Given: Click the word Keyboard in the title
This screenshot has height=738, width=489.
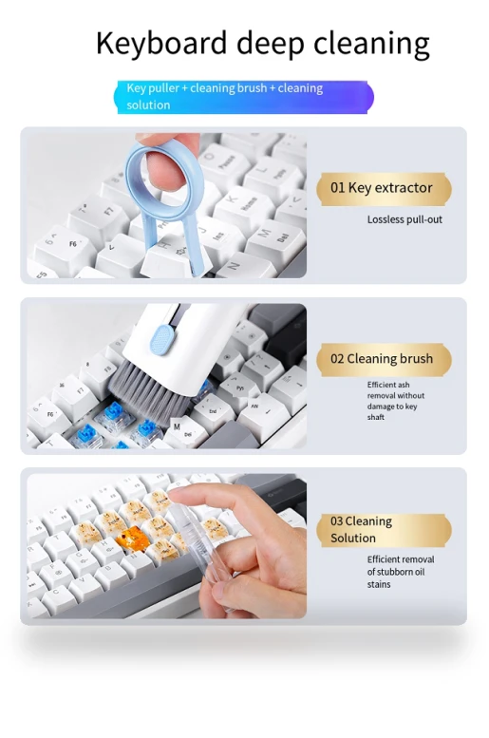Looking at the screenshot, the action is point(161,44).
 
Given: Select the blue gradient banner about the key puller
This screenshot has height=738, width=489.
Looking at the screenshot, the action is point(243,97).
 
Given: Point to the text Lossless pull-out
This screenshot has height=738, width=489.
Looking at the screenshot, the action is point(404,219).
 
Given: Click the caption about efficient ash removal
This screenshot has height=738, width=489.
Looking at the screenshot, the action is point(395,401).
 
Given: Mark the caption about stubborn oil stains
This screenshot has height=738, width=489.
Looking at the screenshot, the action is point(401,572).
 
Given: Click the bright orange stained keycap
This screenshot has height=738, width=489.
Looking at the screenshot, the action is point(132,539).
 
